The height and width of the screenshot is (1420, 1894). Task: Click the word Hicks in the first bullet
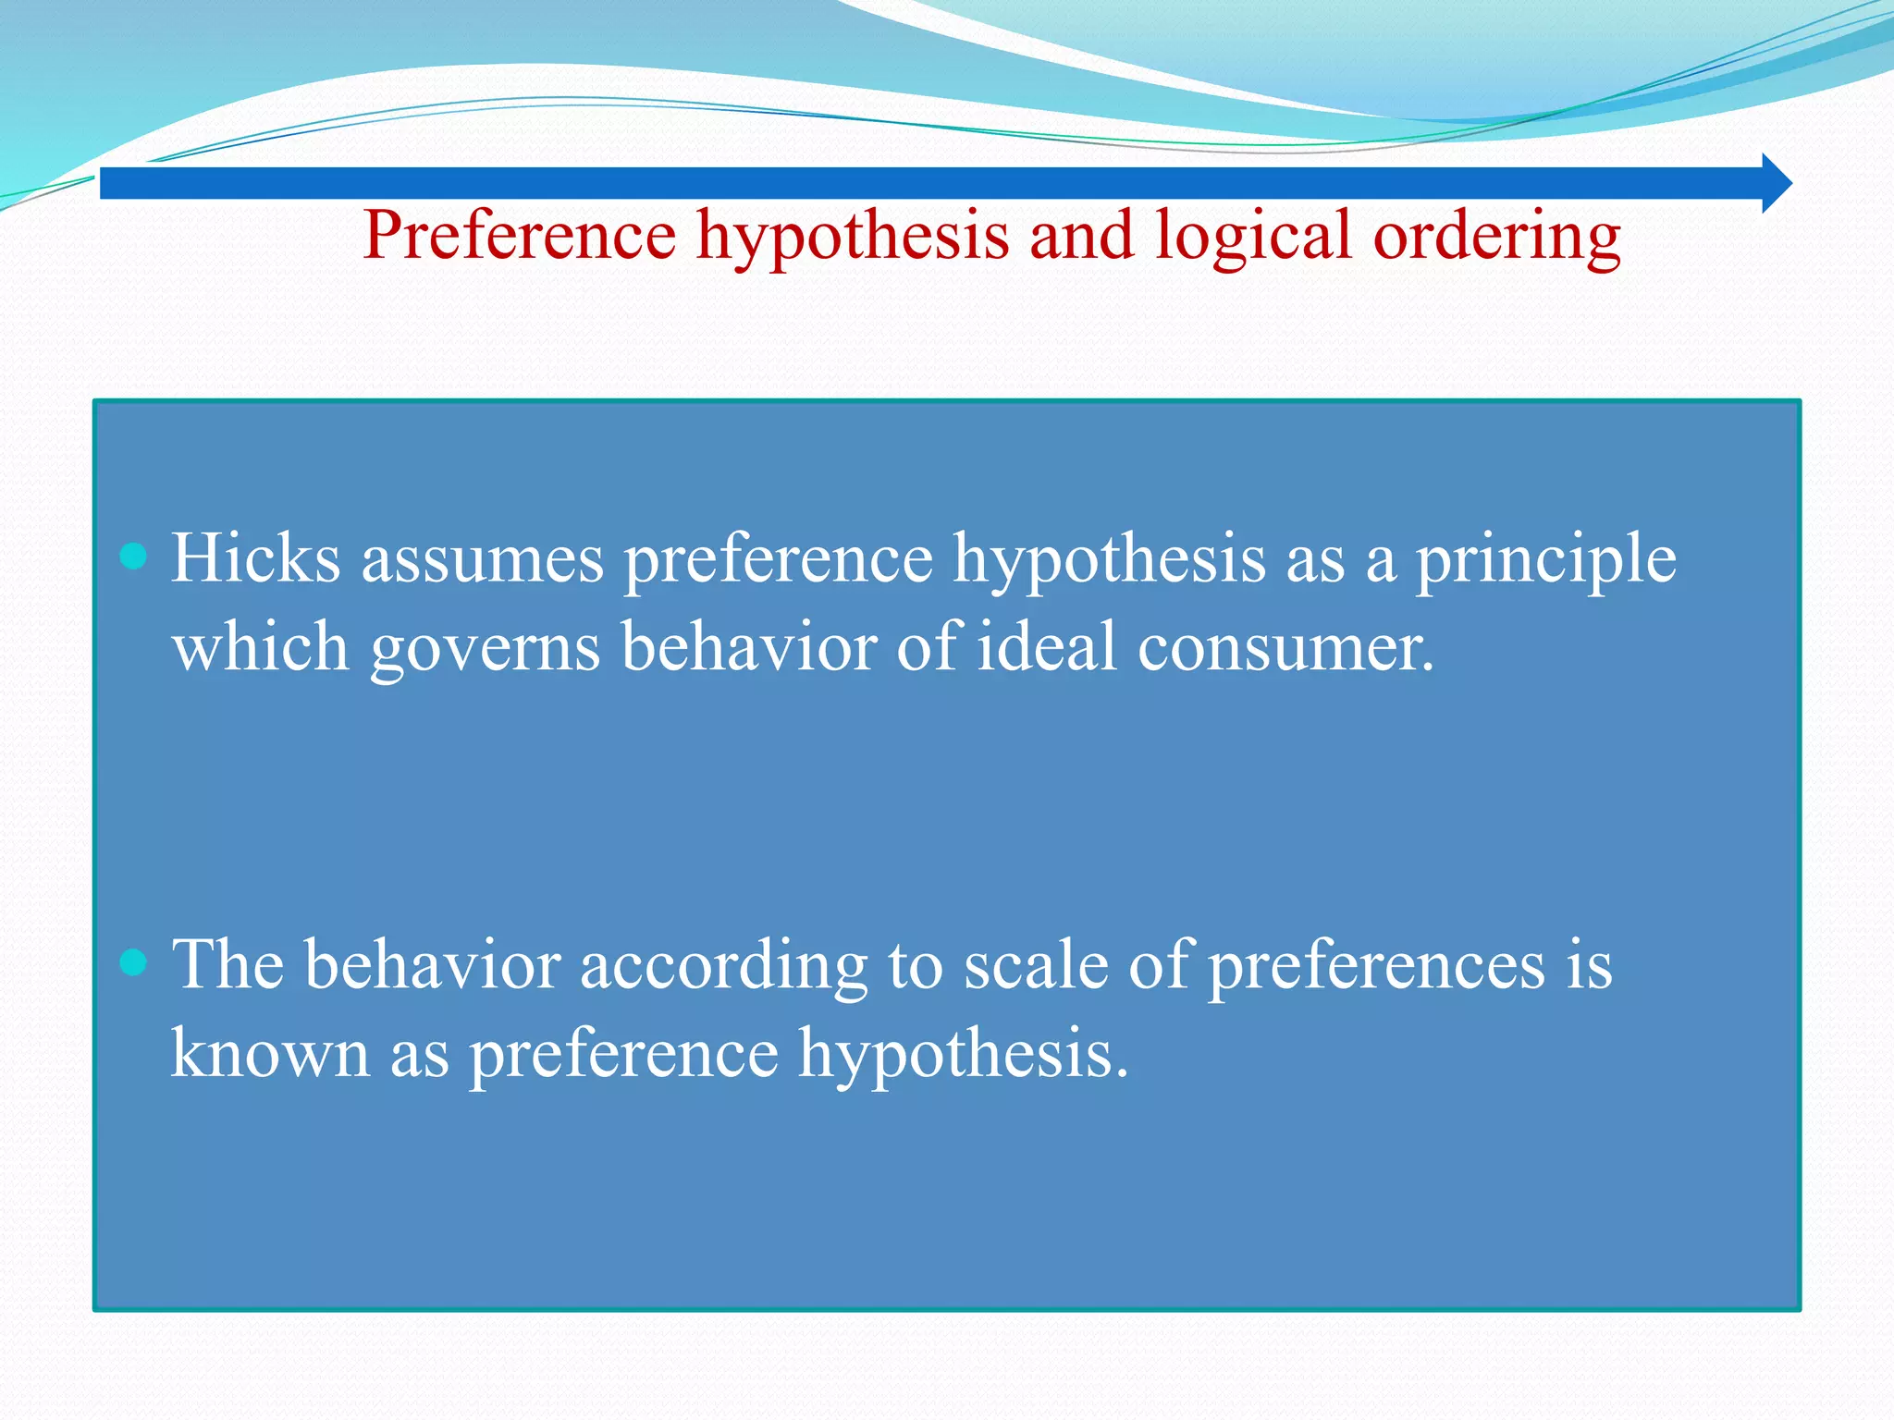256,558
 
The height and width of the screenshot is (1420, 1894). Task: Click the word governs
485,648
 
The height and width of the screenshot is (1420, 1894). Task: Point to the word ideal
1047,646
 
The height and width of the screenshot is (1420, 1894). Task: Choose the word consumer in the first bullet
1285,648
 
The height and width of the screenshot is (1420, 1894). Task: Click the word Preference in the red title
520,236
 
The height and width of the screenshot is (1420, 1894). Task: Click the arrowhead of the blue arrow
1776,183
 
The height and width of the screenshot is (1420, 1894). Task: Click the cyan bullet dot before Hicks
134,557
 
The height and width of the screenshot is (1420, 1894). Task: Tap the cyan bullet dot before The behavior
134,963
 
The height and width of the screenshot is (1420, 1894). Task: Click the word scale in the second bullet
1036,965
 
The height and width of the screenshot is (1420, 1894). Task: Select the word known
270,1053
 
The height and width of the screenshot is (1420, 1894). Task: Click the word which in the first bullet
261,646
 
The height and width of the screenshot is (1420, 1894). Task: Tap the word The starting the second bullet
228,964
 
